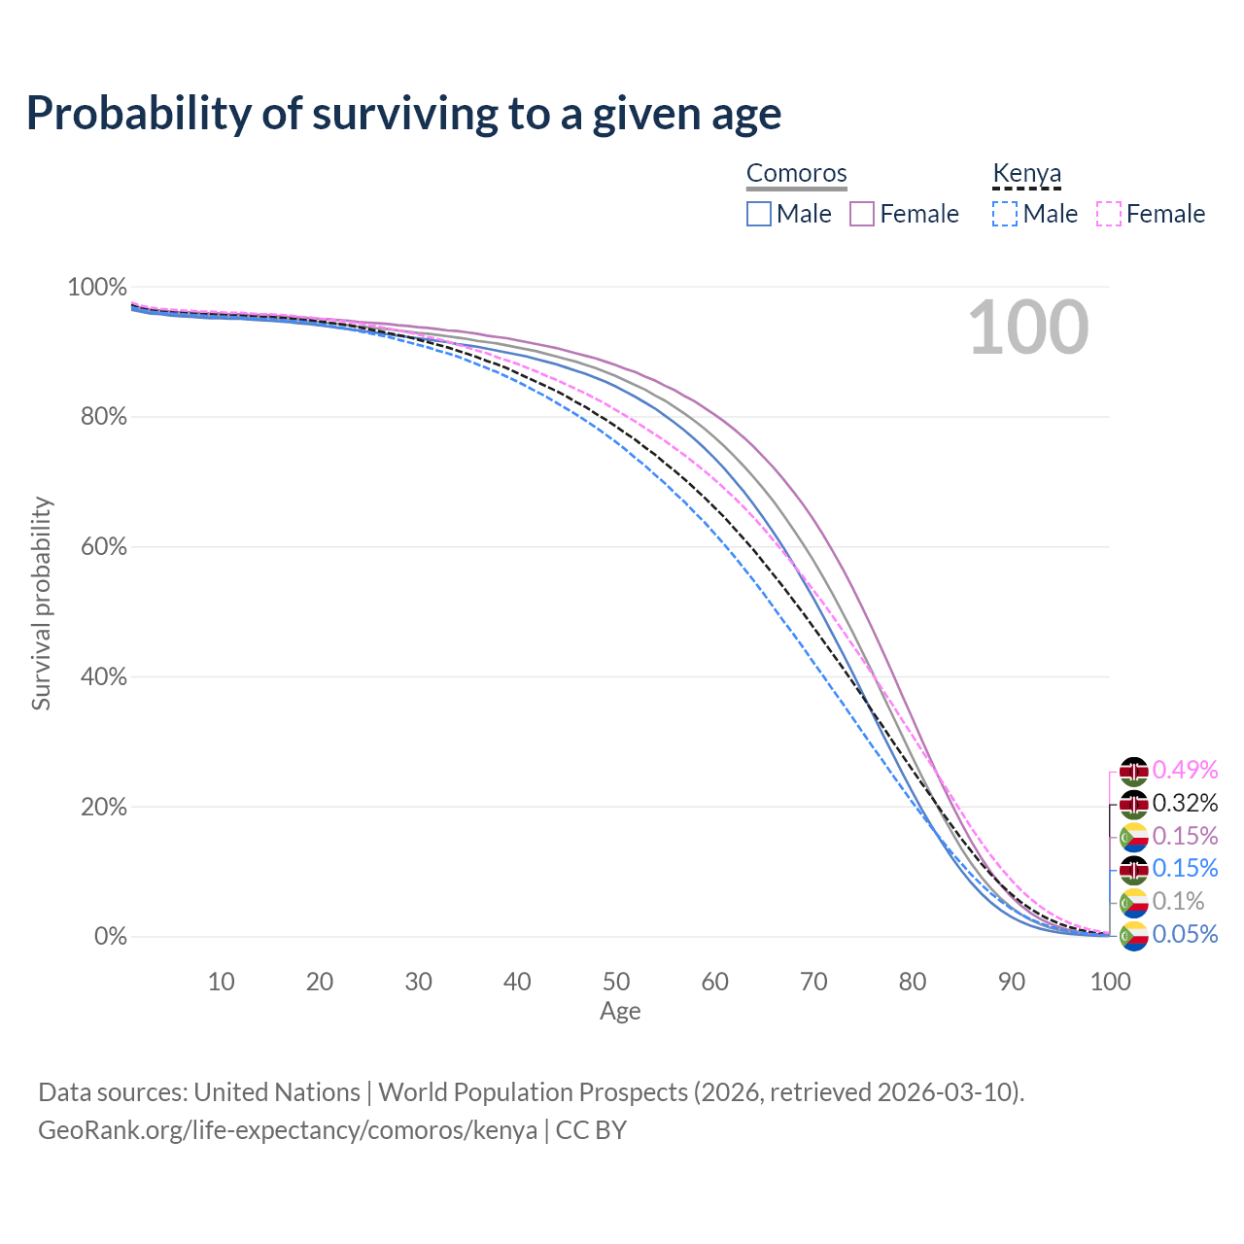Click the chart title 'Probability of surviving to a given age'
point(403,114)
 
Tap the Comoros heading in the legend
point(796,173)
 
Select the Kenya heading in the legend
point(1026,173)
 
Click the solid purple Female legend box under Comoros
point(863,214)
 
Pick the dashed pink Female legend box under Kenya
point(1109,214)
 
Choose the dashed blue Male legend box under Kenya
point(1005,214)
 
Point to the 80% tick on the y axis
point(97,417)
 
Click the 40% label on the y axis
point(97,676)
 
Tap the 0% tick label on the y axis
point(110,937)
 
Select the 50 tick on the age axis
point(616,982)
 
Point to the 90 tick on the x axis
point(1012,982)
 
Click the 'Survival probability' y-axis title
point(41,604)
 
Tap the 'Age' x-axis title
point(620,1012)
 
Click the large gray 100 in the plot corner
point(1028,328)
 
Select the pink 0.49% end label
point(1185,771)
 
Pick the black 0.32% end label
point(1185,804)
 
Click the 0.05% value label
point(1185,935)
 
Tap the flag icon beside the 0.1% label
point(1134,903)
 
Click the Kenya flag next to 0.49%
point(1134,772)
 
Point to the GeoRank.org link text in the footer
point(288,1130)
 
